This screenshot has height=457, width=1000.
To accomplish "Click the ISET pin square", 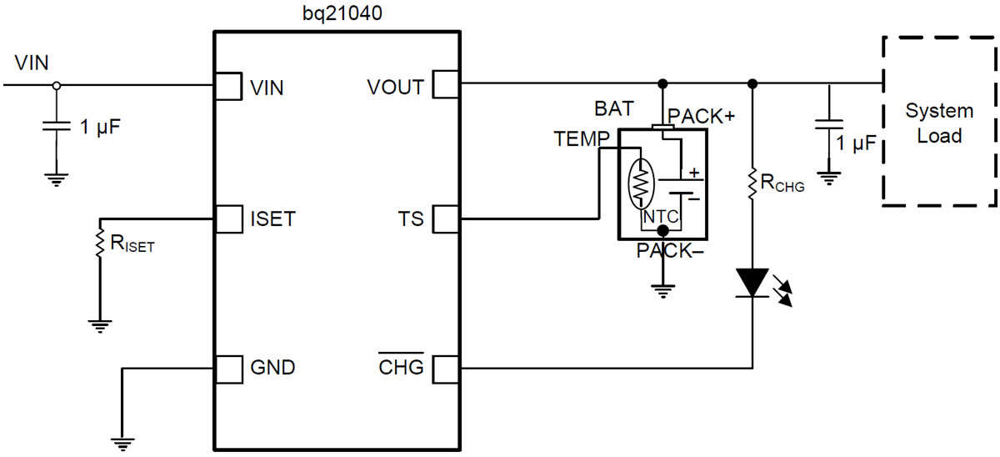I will (x=227, y=219).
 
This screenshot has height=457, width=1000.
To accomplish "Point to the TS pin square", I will (x=443, y=219).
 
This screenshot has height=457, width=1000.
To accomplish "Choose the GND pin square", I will (x=227, y=367).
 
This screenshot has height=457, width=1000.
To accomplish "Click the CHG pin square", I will (x=443, y=367).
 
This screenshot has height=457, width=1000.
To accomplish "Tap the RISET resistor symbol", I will (x=99, y=242).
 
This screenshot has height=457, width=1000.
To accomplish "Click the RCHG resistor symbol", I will (x=752, y=184).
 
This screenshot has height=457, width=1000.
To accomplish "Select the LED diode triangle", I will (x=752, y=282).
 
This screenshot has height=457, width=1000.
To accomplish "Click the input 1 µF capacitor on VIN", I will (x=56, y=126).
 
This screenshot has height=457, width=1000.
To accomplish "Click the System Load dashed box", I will (x=939, y=122).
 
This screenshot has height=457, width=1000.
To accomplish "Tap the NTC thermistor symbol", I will (x=641, y=183).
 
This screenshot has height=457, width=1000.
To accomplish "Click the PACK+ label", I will (x=702, y=116).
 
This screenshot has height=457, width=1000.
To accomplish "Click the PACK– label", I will (x=666, y=250).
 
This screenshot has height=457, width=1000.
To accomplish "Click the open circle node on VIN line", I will (x=56, y=85).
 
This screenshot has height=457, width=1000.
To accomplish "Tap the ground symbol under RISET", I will (x=99, y=325).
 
